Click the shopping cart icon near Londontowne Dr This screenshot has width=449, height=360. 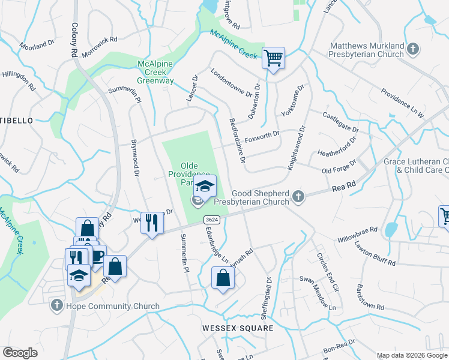pos(273,59)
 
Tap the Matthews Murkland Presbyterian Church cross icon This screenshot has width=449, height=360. pos(412,48)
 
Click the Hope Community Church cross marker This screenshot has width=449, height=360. pos(56,306)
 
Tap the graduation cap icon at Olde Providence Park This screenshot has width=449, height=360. pos(205,186)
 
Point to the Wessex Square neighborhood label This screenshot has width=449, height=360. pos(237,328)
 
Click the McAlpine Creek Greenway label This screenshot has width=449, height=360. pos(155,71)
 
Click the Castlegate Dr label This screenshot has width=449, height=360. pos(340,122)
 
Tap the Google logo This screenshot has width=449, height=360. pos(20,353)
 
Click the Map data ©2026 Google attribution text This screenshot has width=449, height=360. pos(411,355)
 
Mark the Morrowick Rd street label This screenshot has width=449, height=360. pos(99,46)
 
